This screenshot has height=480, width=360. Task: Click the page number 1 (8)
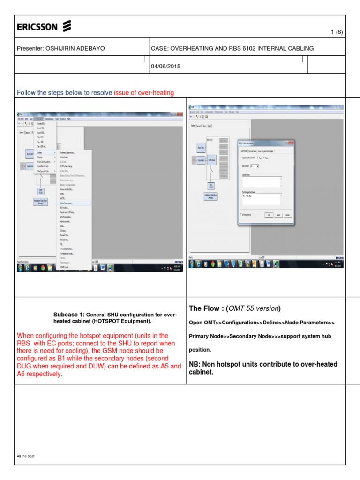coord(337,32)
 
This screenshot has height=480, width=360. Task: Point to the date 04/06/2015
coord(165,66)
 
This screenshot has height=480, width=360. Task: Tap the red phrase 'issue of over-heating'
coord(144,93)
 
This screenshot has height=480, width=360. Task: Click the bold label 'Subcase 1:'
coord(69,315)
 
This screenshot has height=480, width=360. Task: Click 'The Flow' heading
coord(204,308)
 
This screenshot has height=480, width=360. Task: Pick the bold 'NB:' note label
coord(196,364)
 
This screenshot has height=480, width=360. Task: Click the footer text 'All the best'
coord(25,456)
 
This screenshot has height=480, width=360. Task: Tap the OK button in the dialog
coord(269,215)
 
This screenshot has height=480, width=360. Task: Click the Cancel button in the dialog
coord(288,215)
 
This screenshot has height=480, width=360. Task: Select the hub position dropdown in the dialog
coord(255,166)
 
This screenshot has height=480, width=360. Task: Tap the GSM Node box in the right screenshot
coord(212,160)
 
